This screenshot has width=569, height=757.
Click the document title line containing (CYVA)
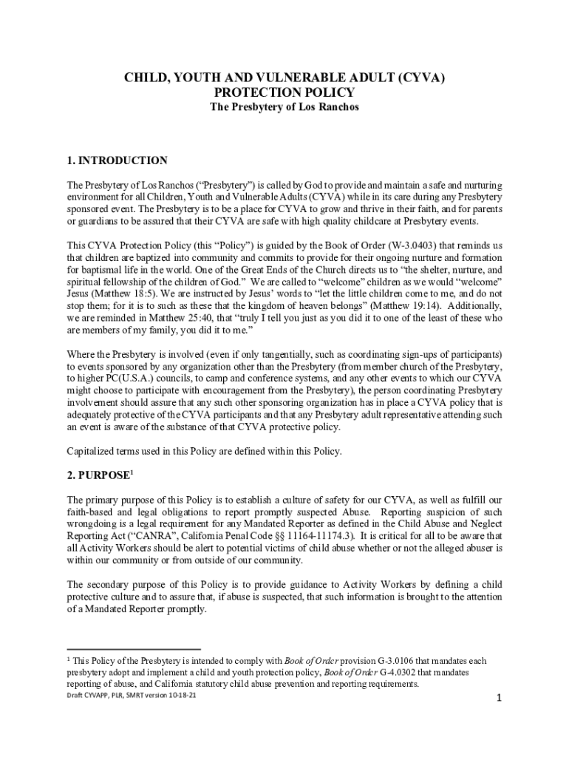point(284,78)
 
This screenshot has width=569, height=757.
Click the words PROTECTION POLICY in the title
point(284,92)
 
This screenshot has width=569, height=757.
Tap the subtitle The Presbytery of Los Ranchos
point(284,107)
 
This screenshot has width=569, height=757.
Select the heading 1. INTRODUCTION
point(117,160)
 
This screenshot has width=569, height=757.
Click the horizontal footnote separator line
point(133,648)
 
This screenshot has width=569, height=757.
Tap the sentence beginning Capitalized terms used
point(204,450)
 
